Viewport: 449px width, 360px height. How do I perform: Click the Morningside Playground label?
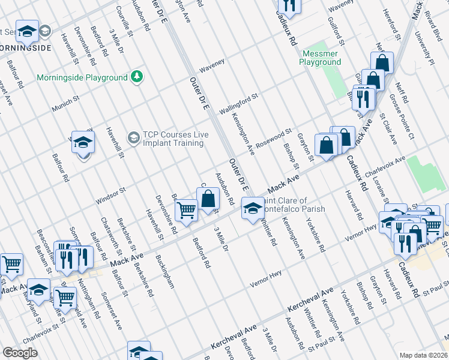pyautogui.click(x=82, y=78)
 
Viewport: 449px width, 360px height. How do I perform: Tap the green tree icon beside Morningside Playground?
pyautogui.click(x=137, y=77)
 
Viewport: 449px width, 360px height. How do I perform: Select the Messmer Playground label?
pyautogui.click(x=320, y=58)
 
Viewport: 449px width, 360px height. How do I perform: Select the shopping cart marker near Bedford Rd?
pyautogui.click(x=187, y=211)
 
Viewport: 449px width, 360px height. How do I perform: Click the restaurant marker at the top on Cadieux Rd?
pyautogui.click(x=291, y=6)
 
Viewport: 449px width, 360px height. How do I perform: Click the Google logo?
pyautogui.click(x=20, y=353)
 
